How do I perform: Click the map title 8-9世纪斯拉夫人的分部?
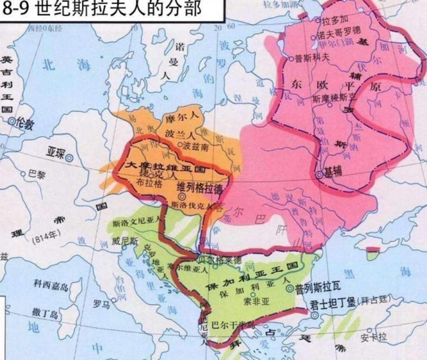pos(102,9)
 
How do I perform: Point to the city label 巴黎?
pos(36,174)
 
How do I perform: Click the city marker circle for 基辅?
pos(319,174)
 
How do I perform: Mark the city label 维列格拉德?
pos(200,187)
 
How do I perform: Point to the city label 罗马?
pos(101,304)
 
